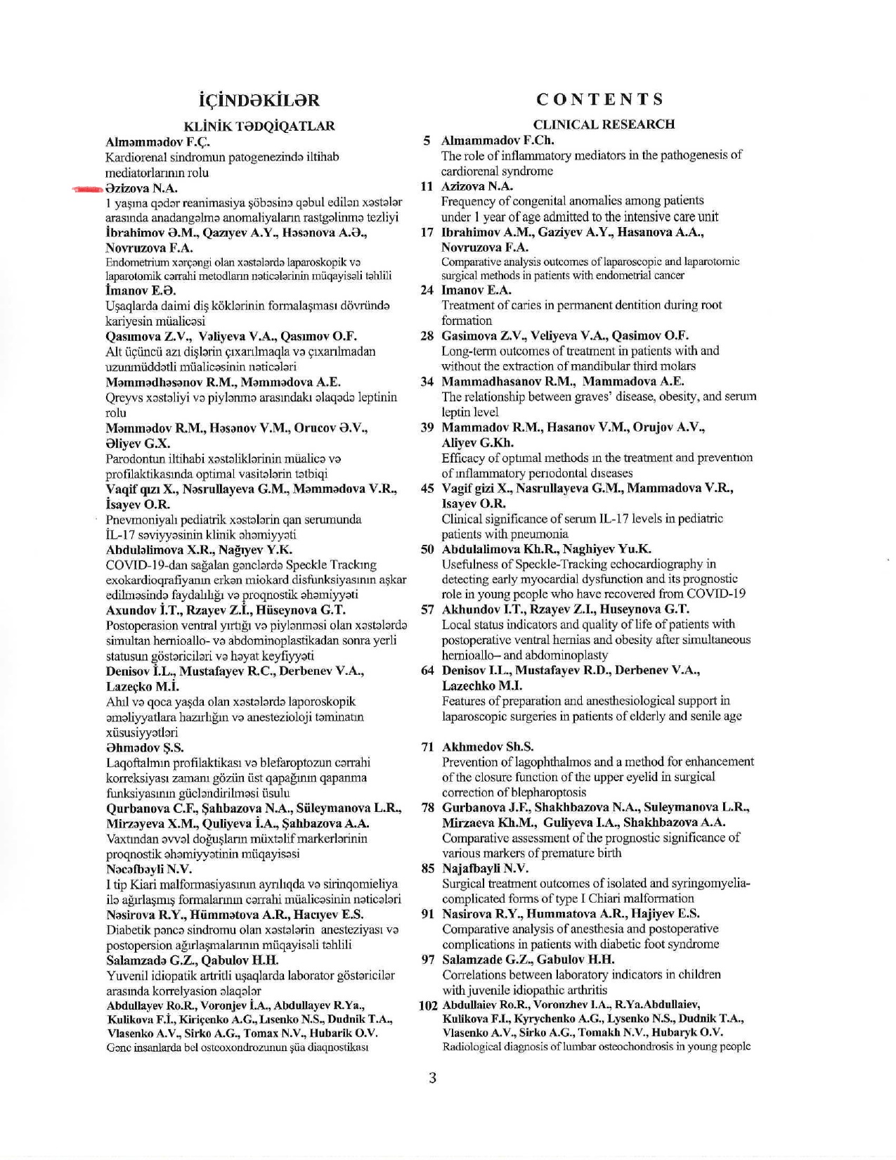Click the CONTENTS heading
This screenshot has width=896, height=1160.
click(x=599, y=99)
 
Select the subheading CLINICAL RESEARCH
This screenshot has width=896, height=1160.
click(x=604, y=124)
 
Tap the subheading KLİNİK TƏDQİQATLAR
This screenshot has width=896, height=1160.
click(x=259, y=126)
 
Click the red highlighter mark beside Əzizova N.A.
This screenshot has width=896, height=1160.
click(x=88, y=188)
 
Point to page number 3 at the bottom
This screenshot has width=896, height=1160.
click(x=432, y=1077)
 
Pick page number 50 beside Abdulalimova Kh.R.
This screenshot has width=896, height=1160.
click(x=427, y=549)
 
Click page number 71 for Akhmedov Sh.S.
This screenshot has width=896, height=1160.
click(x=427, y=747)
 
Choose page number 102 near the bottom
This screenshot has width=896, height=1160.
click(x=428, y=1005)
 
